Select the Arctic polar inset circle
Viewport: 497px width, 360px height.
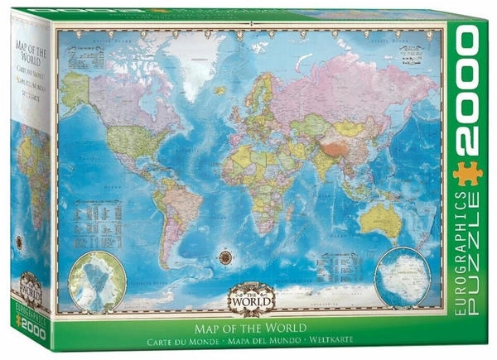click(97, 281)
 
